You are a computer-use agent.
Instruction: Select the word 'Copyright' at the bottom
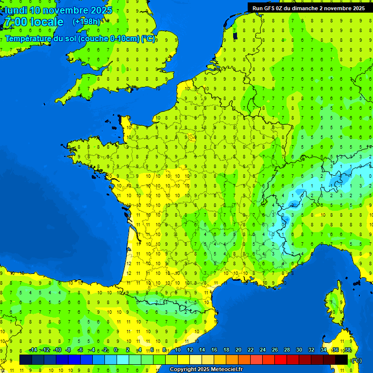click(182, 370)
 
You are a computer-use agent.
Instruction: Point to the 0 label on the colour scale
click(116, 350)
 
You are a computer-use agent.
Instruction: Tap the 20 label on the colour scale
click(238, 350)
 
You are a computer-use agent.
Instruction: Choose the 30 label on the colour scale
click(299, 350)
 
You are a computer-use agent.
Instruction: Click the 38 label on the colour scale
click(347, 350)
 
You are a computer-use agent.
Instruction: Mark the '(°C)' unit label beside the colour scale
click(356, 360)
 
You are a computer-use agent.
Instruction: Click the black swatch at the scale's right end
click(341, 360)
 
